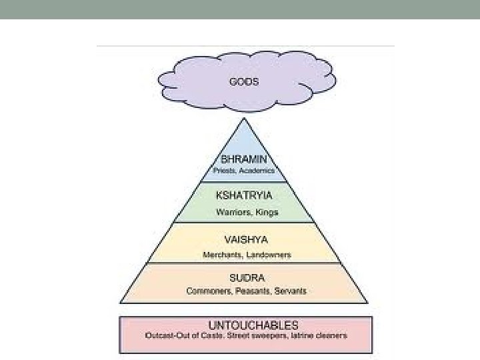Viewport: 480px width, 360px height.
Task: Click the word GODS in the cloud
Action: tap(244, 83)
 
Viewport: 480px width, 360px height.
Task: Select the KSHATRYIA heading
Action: tap(244, 196)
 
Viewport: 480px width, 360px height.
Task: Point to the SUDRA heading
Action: tap(247, 277)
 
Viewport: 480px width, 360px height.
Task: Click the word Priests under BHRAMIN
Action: tap(224, 171)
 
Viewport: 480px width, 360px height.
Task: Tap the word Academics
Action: tap(257, 171)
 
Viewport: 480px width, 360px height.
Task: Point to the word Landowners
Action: tap(268, 255)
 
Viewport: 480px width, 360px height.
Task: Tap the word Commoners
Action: tap(208, 291)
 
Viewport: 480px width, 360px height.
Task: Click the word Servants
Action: tap(287, 291)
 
